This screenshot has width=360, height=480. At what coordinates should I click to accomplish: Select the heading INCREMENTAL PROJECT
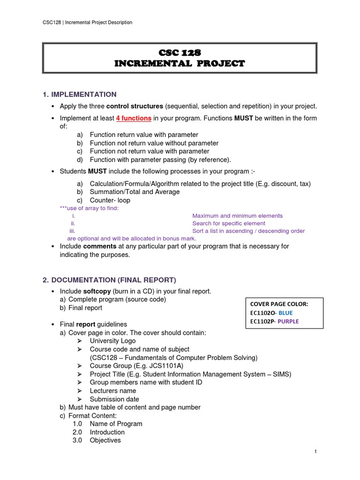click(180, 64)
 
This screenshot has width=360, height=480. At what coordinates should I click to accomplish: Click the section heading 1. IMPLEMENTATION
click(79, 95)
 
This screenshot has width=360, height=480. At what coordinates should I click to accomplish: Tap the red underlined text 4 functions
click(134, 119)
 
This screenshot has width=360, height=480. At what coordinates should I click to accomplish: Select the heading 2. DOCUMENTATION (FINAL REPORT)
click(109, 280)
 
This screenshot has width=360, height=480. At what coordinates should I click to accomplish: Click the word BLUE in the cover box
click(288, 313)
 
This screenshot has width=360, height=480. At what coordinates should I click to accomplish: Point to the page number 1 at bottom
click(316, 451)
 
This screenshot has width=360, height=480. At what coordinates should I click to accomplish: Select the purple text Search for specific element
click(229, 224)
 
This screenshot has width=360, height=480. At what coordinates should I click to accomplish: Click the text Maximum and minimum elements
click(238, 216)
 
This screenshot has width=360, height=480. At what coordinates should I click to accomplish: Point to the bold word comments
click(100, 246)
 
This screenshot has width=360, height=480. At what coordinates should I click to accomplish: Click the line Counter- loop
click(110, 200)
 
